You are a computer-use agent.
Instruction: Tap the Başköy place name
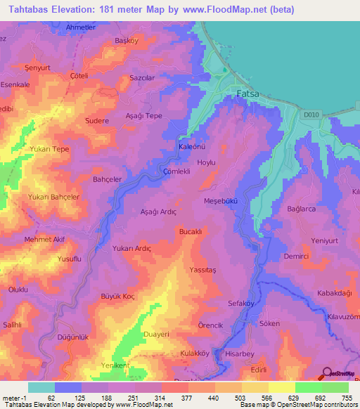127,41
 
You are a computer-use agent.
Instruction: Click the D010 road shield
311,115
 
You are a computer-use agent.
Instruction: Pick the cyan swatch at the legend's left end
41,387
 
